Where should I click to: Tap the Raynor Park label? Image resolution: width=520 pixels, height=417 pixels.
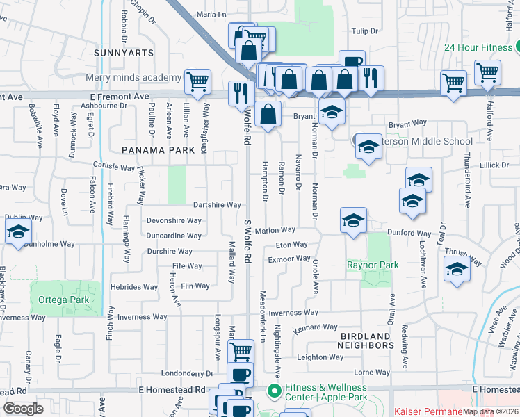point(373,265)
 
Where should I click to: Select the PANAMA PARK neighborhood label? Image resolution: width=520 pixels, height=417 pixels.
point(158,149)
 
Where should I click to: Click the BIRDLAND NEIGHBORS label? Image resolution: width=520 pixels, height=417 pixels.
point(366,340)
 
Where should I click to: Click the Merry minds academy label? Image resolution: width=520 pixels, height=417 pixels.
point(133,77)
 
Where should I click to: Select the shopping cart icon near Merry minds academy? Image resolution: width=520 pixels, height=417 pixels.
point(198,81)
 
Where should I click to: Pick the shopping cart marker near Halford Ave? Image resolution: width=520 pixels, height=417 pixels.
point(487,71)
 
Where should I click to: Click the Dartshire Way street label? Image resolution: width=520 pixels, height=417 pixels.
point(217,205)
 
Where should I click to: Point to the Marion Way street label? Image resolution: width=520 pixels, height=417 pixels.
point(275,230)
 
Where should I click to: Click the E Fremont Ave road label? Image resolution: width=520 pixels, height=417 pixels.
point(120,97)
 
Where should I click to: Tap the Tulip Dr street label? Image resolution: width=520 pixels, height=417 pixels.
point(364,31)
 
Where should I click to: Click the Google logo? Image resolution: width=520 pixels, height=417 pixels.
point(23,409)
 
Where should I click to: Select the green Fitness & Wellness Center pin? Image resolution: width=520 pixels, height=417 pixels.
point(274,392)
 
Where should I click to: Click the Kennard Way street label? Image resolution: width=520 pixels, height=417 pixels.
point(315,327)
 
